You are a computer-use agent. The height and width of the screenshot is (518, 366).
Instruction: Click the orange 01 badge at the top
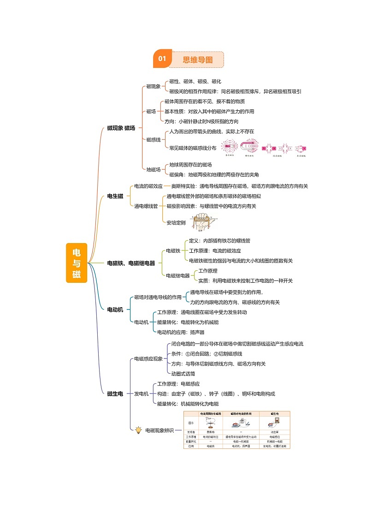coord(162,59)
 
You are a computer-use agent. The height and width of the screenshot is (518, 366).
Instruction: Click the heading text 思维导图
coord(198,60)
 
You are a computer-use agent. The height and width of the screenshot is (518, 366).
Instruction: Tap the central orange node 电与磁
coord(76,263)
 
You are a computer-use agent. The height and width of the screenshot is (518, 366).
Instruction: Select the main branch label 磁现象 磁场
coord(121,128)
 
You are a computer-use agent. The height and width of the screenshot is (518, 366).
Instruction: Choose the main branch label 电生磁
coord(115,196)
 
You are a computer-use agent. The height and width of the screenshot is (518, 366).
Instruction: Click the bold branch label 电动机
coord(115,309)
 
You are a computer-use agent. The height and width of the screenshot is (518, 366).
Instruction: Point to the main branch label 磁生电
coord(115,393)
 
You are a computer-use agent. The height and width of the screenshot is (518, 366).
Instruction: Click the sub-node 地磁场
coord(153,169)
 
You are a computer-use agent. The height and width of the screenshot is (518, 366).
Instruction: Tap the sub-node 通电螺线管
coord(146,206)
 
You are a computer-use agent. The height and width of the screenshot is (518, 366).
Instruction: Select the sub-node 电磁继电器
coord(178,275)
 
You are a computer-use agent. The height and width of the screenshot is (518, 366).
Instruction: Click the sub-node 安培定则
coord(176,223)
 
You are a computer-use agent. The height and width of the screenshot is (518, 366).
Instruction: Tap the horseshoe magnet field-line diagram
coord(248,148)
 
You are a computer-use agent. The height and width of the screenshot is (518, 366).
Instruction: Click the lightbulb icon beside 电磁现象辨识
coord(138,430)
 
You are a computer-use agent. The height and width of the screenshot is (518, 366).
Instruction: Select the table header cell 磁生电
coord(274,414)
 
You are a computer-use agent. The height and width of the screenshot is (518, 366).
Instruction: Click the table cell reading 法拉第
coord(274,432)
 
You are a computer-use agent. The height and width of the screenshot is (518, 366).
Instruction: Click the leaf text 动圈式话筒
coord(183,374)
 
